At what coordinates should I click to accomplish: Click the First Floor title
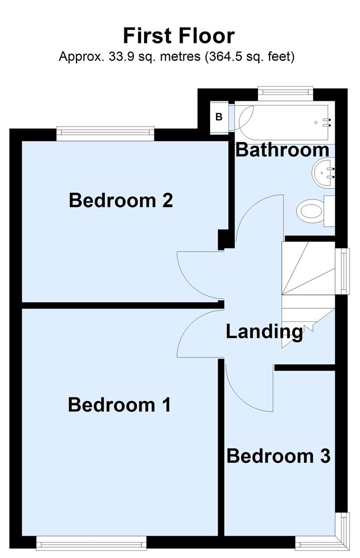coord(179,36)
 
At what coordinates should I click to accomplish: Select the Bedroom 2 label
coord(120,200)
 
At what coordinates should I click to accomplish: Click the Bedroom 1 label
coord(119,405)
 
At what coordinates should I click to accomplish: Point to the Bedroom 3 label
coord(278,456)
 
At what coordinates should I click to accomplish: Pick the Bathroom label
coord(282,150)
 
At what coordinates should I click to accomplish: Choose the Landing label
coord(264,331)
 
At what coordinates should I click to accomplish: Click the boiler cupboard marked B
coord(219,117)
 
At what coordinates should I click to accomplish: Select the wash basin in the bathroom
coord(324,173)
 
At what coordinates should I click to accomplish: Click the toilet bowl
coord(310,210)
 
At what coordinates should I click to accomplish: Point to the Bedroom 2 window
coord(105,134)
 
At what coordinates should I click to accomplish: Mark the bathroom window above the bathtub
coord(286,92)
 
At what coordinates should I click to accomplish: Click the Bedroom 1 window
coord(91,542)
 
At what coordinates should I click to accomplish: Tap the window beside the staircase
coord(341,271)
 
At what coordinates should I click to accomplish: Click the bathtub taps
coord(326,122)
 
